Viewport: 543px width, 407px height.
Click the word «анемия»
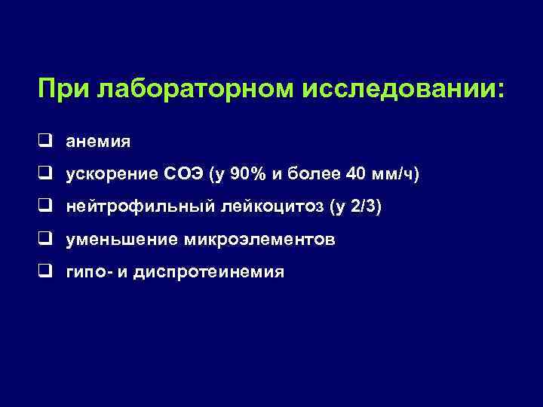pos(98,141)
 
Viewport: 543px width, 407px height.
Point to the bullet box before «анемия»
pos(47,140)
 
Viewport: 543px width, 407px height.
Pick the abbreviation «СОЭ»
pos(181,174)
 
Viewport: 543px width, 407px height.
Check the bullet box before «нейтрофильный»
pos(47,206)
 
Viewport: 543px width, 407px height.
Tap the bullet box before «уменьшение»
pos(47,239)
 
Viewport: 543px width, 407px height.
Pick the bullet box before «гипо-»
pos(47,271)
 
